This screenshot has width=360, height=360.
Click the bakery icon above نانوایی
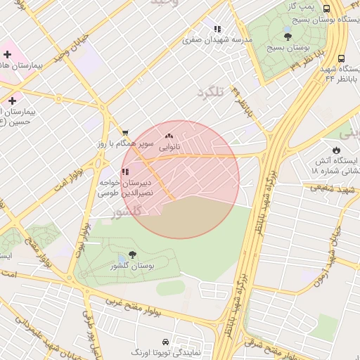tap(168, 136)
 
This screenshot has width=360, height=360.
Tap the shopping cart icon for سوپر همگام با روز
tap(125, 132)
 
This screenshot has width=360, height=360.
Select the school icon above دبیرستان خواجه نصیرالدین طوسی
tap(125, 172)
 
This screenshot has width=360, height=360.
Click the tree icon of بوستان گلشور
tap(133, 255)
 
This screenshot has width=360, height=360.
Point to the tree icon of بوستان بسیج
tap(288, 37)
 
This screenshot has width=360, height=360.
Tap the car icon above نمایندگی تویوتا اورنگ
tap(165, 341)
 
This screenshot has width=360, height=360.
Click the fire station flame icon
tap(336, 150)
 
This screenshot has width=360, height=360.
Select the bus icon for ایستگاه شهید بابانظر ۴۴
tap(341, 59)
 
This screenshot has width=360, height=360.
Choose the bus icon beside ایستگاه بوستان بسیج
tap(326, 8)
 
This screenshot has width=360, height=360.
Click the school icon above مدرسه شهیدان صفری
tap(217, 30)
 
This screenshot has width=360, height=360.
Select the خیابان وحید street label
tap(75, 43)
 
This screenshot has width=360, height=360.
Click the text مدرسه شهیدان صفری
tap(217, 41)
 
